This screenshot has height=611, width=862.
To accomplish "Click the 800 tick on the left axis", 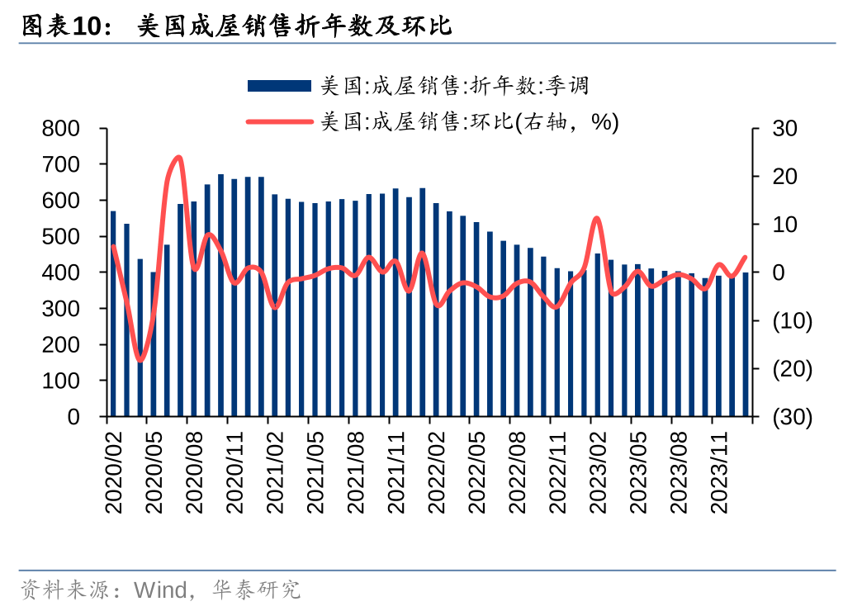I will (62, 129).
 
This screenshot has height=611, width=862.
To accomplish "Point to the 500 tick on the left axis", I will (62, 237).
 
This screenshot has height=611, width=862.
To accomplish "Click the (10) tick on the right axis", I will (792, 321).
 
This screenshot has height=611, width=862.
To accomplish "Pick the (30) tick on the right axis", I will (792, 417).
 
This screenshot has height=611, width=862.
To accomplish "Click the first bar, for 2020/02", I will (113, 314).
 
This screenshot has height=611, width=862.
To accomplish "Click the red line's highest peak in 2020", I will (178, 157).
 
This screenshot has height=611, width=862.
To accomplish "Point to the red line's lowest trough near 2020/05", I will (140, 360).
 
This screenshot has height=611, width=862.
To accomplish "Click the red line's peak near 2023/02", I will (597, 218).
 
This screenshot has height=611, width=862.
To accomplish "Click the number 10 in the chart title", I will (88, 27).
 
